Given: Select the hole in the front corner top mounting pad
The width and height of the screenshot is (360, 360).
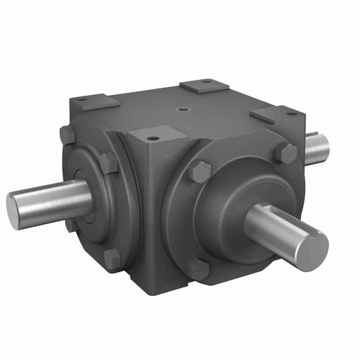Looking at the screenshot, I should (154, 133).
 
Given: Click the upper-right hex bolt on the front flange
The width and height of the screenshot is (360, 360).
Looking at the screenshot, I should (287, 153).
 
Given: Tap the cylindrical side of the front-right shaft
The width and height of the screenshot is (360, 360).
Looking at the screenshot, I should (277, 227).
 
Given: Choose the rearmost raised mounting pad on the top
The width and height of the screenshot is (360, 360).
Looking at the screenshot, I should (204, 86).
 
